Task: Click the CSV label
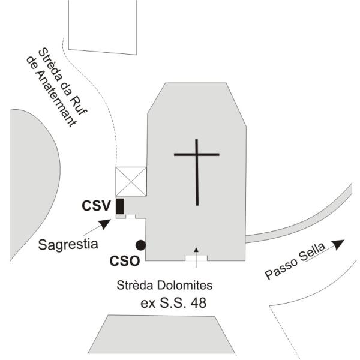(97, 206)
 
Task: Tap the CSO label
(125, 261)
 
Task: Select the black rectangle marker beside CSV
(120, 206)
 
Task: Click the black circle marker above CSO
(140, 245)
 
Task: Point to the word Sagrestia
(68, 245)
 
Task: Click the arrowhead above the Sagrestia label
(104, 224)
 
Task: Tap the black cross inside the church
(197, 172)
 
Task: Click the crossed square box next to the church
(131, 181)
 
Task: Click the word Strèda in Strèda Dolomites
(135, 286)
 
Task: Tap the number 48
(199, 302)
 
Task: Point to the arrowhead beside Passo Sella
(338, 244)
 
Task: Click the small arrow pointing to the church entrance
(196, 257)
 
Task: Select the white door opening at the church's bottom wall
(196, 258)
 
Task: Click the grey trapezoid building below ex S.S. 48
(161, 335)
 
